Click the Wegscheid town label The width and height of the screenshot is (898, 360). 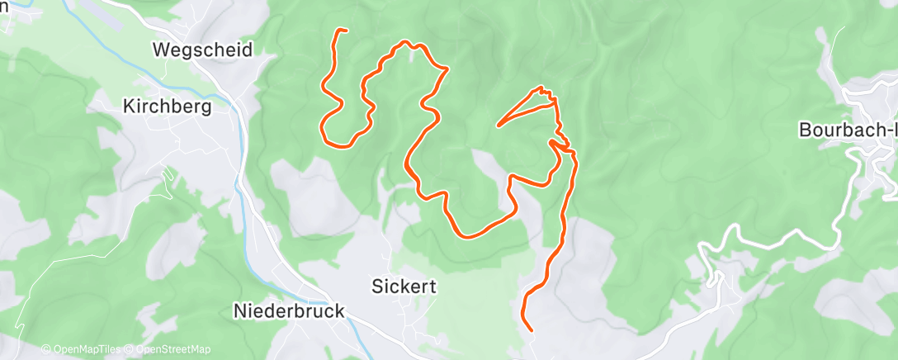pyautogui.click(x=202, y=50)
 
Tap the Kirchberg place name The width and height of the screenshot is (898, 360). pyautogui.click(x=167, y=106)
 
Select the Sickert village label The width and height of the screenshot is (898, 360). pyautogui.click(x=400, y=287)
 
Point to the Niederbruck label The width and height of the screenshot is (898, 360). pyautogui.click(x=288, y=311)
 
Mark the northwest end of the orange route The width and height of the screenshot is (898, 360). pyautogui.click(x=345, y=31)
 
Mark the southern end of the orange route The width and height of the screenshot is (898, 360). pyautogui.click(x=531, y=330)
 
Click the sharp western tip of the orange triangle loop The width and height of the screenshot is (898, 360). pyautogui.click(x=498, y=126)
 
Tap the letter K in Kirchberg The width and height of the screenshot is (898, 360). pyautogui.click(x=128, y=106)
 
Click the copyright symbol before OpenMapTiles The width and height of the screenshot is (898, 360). pyautogui.click(x=45, y=349)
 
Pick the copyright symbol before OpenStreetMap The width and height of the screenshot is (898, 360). pyautogui.click(x=130, y=349)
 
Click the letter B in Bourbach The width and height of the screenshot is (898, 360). pyautogui.click(x=804, y=130)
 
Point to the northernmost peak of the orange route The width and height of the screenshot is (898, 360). pyautogui.click(x=404, y=42)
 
